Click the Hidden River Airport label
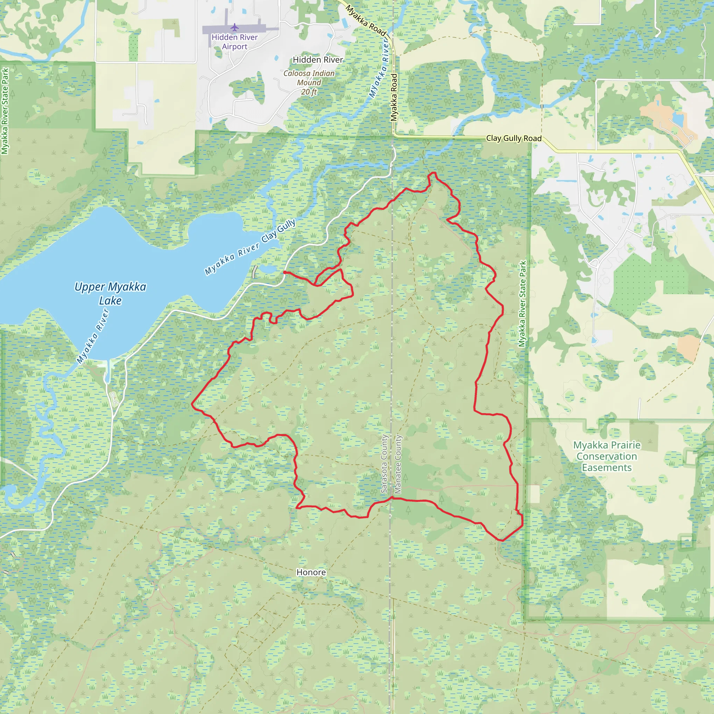[235, 42]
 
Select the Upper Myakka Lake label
[110, 294]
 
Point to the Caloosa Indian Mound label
[309, 78]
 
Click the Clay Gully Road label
[514, 138]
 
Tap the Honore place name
[311, 572]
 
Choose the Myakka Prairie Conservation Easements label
[607, 456]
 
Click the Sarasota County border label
[384, 464]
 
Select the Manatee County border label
[398, 464]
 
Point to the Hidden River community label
[318, 60]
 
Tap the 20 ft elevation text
[309, 92]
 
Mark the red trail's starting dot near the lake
[284, 272]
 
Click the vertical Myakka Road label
[394, 97]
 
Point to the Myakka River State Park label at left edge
[5, 111]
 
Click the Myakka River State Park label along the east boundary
[522, 304]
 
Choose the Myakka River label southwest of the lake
[93, 336]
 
